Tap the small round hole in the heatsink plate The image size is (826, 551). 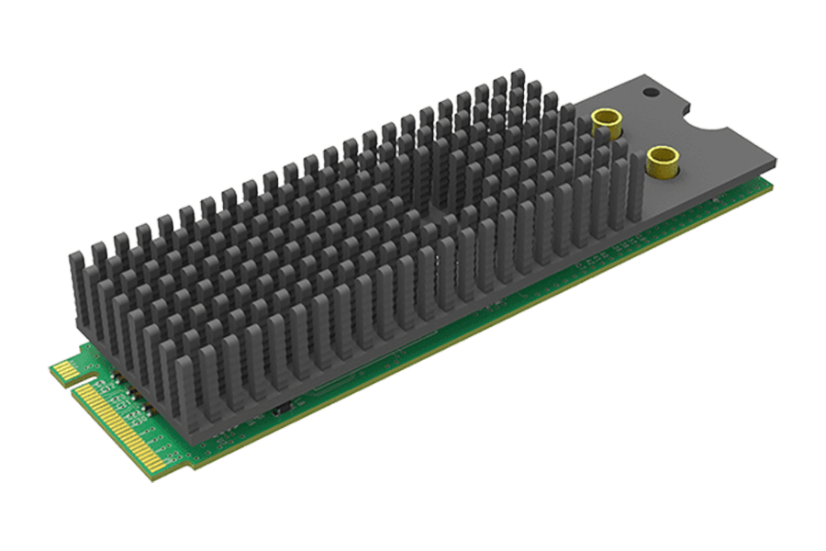[650, 93]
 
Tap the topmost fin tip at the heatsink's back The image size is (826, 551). [519, 75]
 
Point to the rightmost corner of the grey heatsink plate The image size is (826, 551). [776, 165]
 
